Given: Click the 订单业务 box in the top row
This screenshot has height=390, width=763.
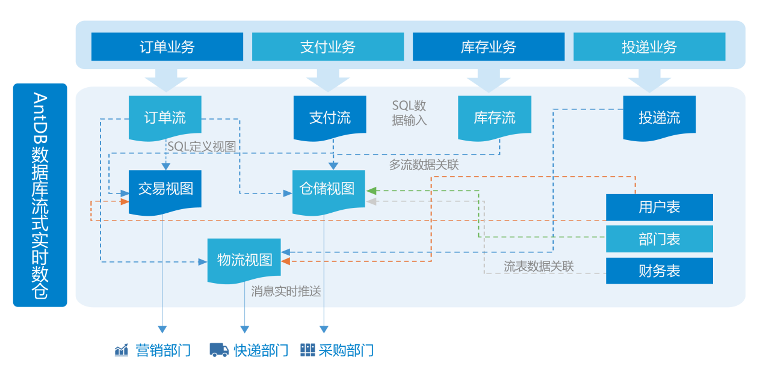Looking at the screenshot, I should coord(167,47).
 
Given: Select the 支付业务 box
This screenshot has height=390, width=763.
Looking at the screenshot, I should coord(327,47).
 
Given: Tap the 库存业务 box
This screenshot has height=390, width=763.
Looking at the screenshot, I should coord(488,47).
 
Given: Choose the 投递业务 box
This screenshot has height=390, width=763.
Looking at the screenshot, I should coord(649,47).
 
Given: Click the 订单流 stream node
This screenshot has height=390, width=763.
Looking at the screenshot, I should coord(165,117).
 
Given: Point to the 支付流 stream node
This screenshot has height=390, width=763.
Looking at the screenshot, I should coord(330,117).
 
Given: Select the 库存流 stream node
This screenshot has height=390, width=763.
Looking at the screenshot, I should coord(494,117).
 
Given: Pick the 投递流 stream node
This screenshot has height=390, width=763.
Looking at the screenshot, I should coord(659,117).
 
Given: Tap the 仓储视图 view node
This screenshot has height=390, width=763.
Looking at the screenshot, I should coord(327,189).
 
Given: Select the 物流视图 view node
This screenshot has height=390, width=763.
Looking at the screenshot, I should coord(244,260).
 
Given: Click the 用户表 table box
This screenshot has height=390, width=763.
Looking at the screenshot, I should coord(659,207).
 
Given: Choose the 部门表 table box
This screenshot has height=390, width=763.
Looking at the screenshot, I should coord(659,239).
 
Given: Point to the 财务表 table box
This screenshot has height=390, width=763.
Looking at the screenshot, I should coord(659,271).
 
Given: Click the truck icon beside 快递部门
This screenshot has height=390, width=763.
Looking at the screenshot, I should coord(219,350).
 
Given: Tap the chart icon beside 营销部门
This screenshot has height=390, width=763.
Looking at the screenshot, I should coord(122,350).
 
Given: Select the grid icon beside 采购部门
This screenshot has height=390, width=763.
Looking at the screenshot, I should coord(307,350).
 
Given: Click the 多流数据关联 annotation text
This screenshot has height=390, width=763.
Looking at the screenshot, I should coord(424,165).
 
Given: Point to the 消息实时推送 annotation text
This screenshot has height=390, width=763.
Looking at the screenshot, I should coord(286,291).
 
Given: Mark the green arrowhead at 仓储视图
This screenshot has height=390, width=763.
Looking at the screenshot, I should coord(371,191).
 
